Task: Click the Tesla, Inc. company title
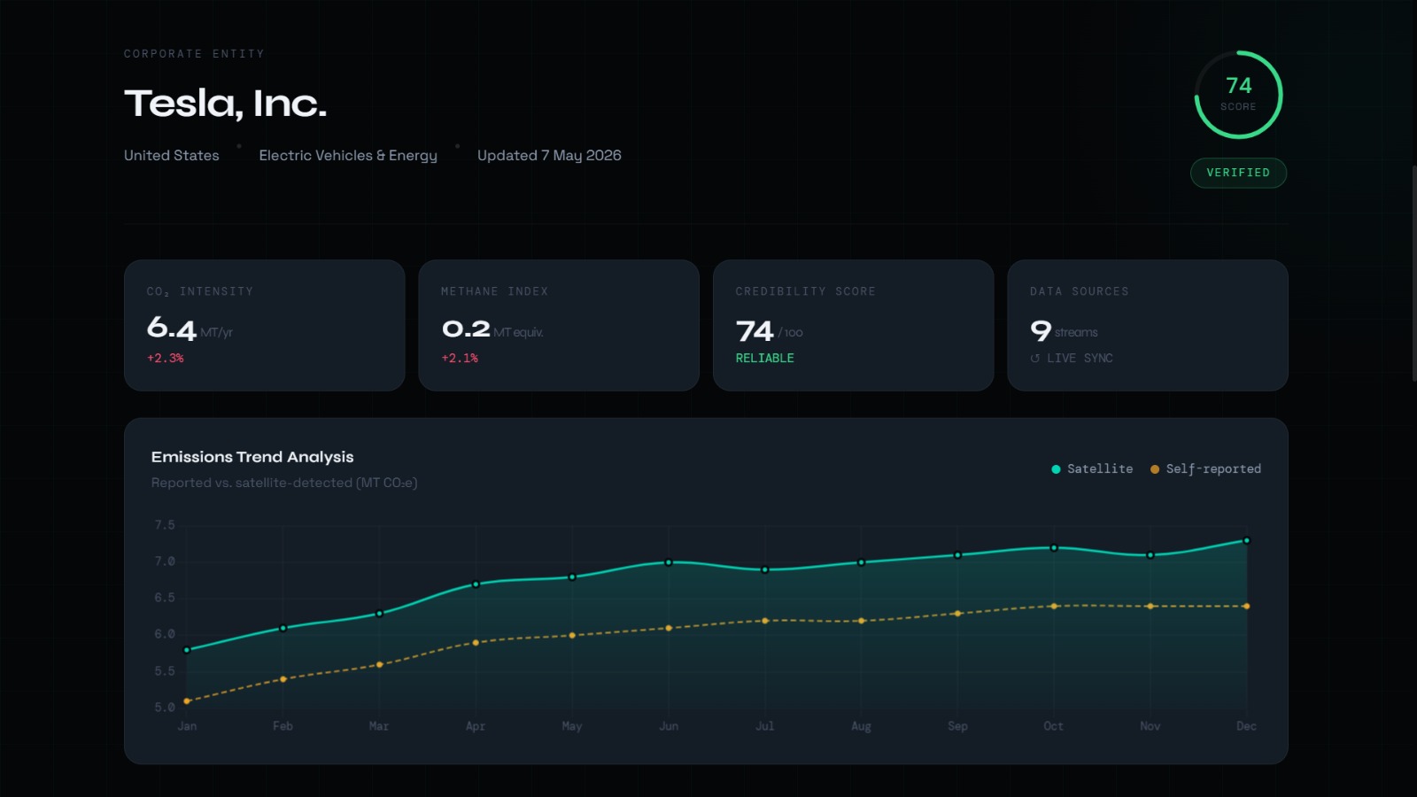(x=225, y=103)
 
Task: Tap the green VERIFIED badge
(x=1238, y=173)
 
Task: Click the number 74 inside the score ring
(x=1239, y=85)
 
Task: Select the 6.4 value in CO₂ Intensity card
(x=172, y=329)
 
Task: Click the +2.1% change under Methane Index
(x=460, y=358)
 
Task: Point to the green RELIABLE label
(x=764, y=358)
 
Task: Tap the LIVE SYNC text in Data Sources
(x=1080, y=358)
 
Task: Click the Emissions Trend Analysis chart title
(x=252, y=457)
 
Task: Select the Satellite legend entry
(x=1092, y=468)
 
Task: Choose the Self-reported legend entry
(x=1205, y=468)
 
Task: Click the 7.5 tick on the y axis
(x=165, y=525)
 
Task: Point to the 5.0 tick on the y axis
(x=165, y=708)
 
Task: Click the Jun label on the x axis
(x=669, y=726)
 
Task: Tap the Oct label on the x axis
(x=1053, y=726)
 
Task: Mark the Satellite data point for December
(x=1246, y=541)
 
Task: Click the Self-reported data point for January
(x=187, y=700)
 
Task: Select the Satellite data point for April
(x=476, y=584)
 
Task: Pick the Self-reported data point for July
(x=765, y=621)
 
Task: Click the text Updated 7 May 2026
(x=549, y=156)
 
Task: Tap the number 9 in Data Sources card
(x=1041, y=329)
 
